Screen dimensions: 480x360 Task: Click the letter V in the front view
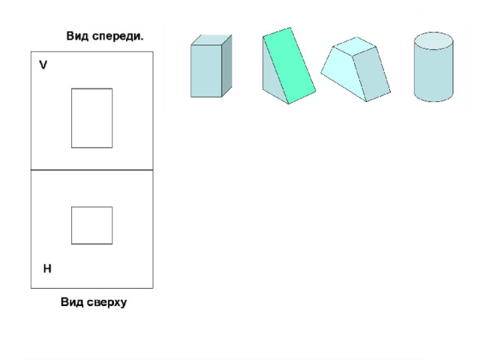[x=43, y=65]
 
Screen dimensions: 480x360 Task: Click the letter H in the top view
[x=47, y=268]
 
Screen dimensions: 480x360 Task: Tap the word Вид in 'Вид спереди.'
[x=77, y=36]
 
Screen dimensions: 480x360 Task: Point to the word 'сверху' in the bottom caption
[x=106, y=302]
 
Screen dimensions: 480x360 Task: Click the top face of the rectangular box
[x=211, y=40]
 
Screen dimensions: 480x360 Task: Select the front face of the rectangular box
[x=206, y=71]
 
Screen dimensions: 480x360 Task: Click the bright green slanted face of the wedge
[x=289, y=66]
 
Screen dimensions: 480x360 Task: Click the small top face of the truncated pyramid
[x=355, y=46]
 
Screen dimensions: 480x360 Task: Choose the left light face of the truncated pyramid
[x=343, y=73]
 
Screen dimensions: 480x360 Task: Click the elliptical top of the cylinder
[x=433, y=40]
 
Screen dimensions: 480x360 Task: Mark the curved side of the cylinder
[x=433, y=75]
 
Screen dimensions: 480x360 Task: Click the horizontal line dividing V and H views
[x=91, y=169]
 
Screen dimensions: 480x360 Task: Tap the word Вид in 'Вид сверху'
[x=72, y=302]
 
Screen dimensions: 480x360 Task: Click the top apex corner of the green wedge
[x=290, y=28]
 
